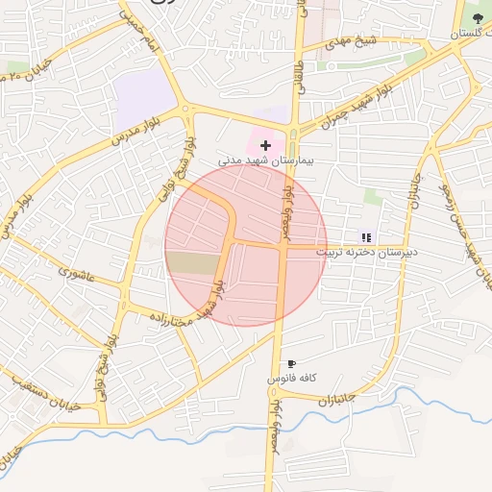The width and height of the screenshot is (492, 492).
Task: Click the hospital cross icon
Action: click(265, 144)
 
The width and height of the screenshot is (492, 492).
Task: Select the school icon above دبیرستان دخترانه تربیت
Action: click(365, 236)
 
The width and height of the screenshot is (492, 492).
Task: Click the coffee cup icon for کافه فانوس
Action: click(292, 363)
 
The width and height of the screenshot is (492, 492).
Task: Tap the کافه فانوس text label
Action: click(291, 380)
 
